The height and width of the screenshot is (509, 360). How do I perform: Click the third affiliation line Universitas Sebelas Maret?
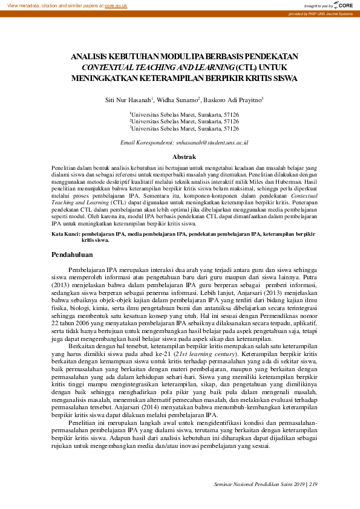point(185,128)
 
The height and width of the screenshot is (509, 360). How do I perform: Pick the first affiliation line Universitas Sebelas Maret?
point(185,114)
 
